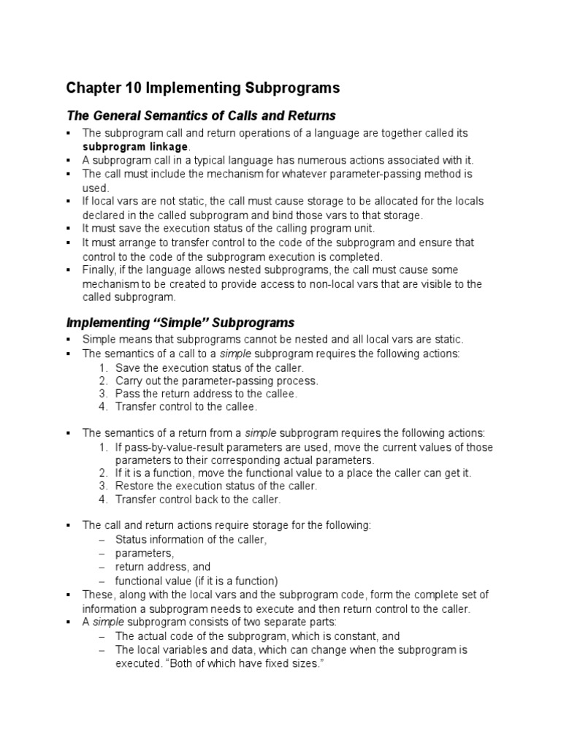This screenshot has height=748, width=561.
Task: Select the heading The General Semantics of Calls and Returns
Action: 201,115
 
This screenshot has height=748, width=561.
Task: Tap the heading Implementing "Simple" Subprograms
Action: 180,322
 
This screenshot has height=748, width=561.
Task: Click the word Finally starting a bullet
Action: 99,270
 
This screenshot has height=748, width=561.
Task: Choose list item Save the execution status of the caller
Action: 208,367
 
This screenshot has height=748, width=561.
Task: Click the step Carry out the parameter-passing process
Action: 216,381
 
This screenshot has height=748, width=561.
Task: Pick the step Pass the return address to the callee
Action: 206,394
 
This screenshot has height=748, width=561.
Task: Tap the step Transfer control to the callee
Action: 186,407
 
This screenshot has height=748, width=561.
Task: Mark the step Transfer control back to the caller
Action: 198,500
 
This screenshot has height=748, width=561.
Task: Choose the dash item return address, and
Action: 163,567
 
